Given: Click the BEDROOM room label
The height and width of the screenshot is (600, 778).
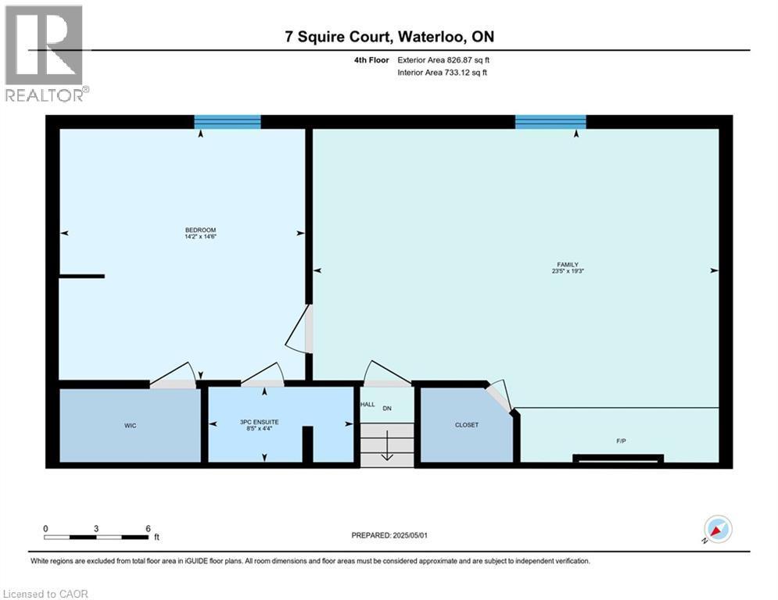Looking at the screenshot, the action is (200, 230).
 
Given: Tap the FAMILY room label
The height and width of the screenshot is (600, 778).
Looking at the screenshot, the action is (568, 265).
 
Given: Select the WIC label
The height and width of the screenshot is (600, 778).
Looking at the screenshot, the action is (130, 426).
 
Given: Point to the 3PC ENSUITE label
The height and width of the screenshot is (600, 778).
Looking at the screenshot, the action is (259, 422).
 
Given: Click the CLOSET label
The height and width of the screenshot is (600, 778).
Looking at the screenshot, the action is (466, 425).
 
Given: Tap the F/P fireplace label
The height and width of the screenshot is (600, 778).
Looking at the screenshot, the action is (621, 441).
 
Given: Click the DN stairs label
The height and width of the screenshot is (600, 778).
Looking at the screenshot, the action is (387, 409).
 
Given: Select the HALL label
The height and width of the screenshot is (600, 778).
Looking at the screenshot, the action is (367, 405).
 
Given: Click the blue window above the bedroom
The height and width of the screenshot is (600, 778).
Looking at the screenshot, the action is (228, 122).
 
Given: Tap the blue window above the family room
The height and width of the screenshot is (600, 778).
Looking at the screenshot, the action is (550, 122).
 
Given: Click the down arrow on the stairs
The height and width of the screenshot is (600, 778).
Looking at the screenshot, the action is (387, 445).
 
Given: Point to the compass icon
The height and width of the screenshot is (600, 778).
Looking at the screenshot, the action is (718, 530).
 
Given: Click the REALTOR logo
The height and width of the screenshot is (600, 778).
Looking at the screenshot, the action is (45, 54).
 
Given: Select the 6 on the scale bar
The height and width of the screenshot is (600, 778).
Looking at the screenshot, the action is (148, 529).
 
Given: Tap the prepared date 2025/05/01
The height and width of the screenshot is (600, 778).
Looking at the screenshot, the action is (410, 535).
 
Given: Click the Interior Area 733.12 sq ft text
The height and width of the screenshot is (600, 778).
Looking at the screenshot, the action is (442, 73).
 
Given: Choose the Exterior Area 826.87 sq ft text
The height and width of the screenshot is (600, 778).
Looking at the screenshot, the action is (443, 60).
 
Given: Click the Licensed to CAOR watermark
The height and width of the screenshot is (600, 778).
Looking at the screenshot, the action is (45, 594).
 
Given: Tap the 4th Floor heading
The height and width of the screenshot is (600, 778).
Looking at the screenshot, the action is (371, 60).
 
